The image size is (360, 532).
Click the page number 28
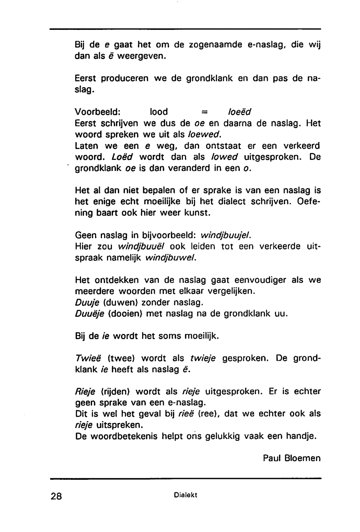coord(57,496)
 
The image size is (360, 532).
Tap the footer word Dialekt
coord(185,495)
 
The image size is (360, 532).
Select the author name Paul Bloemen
coord(292,458)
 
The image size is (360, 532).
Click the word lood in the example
coord(159,112)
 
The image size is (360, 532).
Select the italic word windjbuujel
coord(225,236)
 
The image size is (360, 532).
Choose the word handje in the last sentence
coord(301,437)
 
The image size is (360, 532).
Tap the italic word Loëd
coord(122,157)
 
